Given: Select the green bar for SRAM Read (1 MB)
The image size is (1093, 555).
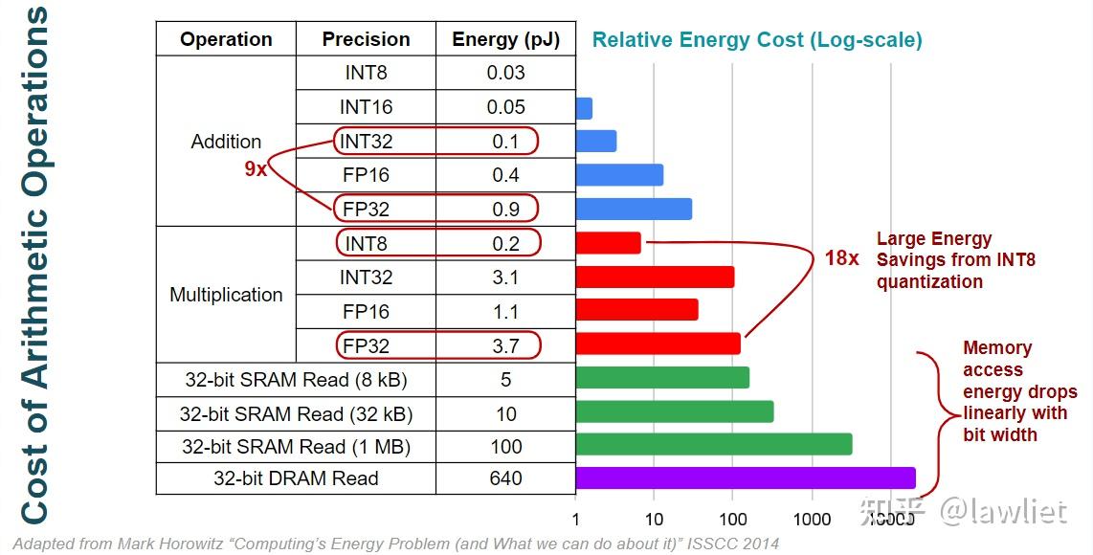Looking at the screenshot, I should pos(713,444).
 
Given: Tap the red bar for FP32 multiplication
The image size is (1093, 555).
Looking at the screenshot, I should pos(658,344).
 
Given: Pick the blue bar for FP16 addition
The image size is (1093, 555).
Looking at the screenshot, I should pos(619,175).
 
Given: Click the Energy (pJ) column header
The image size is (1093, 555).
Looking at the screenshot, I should pos(505,39).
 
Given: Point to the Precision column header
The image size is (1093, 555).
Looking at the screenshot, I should pos(366,39).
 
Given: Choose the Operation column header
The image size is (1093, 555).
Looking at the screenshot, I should pos(226,39).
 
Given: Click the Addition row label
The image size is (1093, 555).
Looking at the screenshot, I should pos(226,142).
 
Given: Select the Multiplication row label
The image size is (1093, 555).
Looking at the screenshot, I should pos(226,295).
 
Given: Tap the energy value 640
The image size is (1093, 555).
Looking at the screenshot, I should pos(505,478).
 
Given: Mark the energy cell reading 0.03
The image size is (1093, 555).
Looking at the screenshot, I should pos(505,73).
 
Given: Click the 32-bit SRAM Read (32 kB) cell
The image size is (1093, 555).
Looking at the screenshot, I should pos(296,414).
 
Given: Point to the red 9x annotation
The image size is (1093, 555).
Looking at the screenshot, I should pos(255,170).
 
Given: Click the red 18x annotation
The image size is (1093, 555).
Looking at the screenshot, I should pos(842,258).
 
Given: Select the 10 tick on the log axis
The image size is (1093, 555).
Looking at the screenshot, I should pos(654,520).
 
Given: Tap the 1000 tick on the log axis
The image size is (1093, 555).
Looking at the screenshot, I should pos(812,520).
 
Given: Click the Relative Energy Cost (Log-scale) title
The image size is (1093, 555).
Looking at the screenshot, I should pos(757,40).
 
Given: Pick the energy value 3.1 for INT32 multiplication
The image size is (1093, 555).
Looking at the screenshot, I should pos(505,277).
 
